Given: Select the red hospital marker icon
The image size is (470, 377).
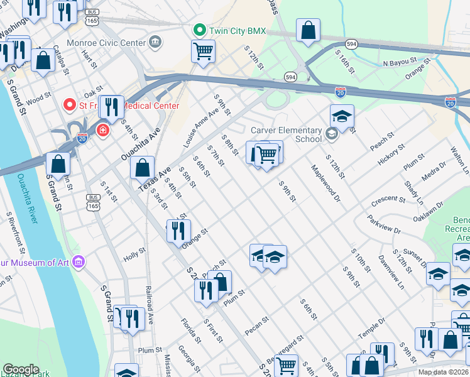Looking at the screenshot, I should point(101,130).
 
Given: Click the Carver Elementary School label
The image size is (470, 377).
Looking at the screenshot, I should point(286,134).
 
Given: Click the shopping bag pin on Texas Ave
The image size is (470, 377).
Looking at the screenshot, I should point(143,168).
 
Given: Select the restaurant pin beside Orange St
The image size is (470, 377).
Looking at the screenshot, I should point(178,231).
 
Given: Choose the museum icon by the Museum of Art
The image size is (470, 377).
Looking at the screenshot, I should point(79,261).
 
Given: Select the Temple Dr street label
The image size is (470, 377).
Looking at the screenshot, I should point(371,330).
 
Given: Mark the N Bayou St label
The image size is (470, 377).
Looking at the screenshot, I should point(400,63).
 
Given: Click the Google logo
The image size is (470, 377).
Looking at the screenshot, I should point(21,369).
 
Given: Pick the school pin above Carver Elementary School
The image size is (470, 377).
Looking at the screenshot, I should point(342,116).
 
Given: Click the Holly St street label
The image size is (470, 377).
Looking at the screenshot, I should point(134,254).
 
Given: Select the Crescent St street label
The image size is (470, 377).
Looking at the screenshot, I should point(388,200).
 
